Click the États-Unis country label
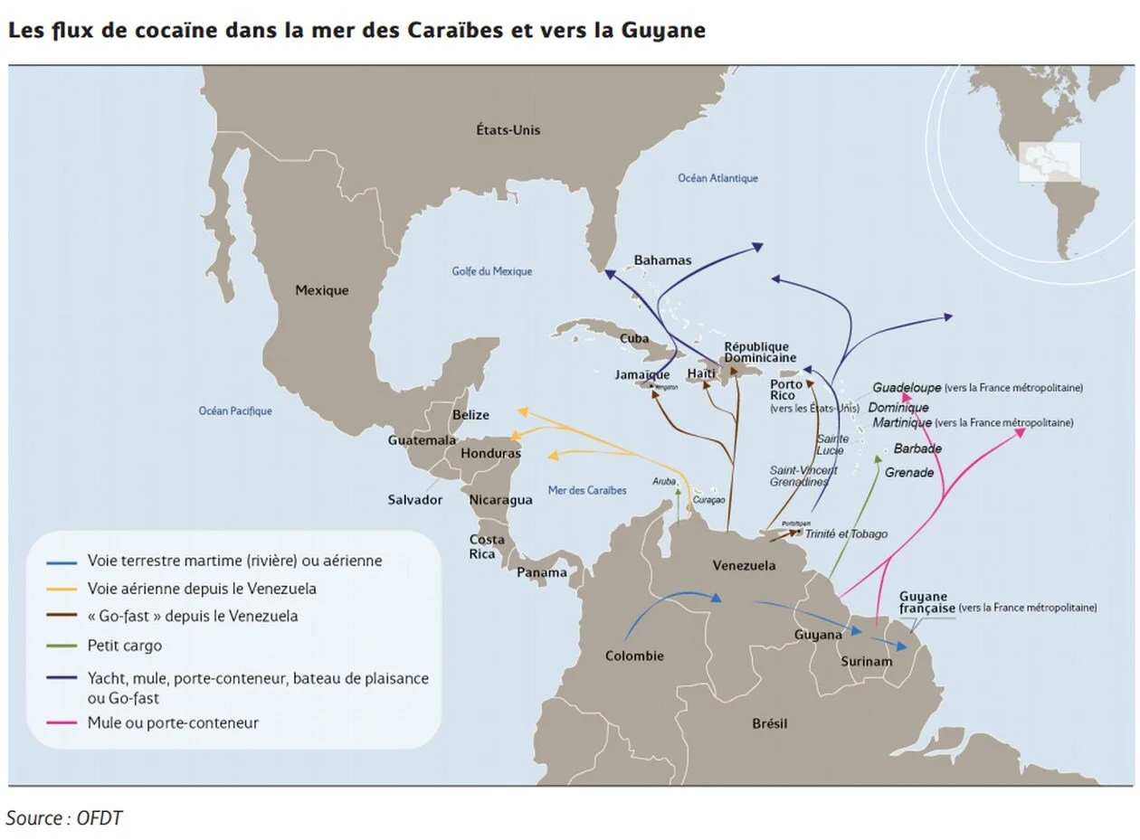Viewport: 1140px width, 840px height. (508, 130)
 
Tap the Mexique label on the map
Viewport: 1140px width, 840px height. (321, 290)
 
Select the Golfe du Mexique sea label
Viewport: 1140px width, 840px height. (491, 271)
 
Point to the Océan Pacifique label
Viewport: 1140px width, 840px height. (235, 411)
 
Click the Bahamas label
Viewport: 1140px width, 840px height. (662, 260)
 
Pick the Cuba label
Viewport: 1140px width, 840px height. (634, 339)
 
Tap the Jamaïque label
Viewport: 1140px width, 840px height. (642, 374)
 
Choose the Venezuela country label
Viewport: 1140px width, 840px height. (744, 566)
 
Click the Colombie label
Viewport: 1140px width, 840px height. (634, 656)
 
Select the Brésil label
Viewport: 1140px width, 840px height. (769, 723)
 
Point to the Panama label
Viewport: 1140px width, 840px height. (542, 572)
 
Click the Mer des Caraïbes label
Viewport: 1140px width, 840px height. (587, 490)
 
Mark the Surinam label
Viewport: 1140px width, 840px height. (866, 662)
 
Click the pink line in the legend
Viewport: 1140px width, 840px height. (62, 723)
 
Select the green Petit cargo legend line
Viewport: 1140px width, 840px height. (62, 646)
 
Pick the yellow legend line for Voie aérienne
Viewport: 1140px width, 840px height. (62, 589)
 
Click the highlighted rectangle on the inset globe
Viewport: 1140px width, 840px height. (1049, 162)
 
